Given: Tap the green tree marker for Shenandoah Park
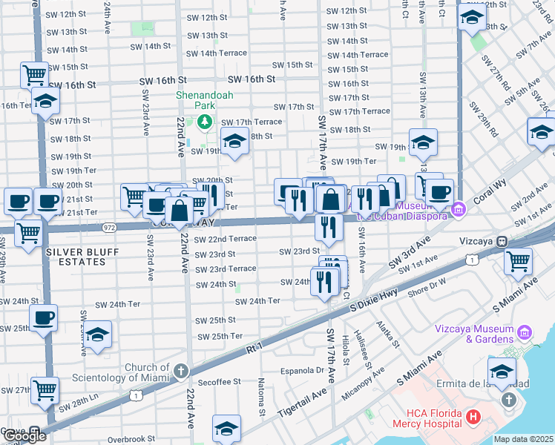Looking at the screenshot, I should pos(206,122).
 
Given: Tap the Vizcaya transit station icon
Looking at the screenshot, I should pos(502,241).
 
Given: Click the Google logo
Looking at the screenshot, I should pos(24,436).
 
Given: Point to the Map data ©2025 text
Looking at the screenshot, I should pos(524,439).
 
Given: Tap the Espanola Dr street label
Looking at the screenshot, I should pos(304,370).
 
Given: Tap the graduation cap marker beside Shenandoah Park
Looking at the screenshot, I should pos(234,141).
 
